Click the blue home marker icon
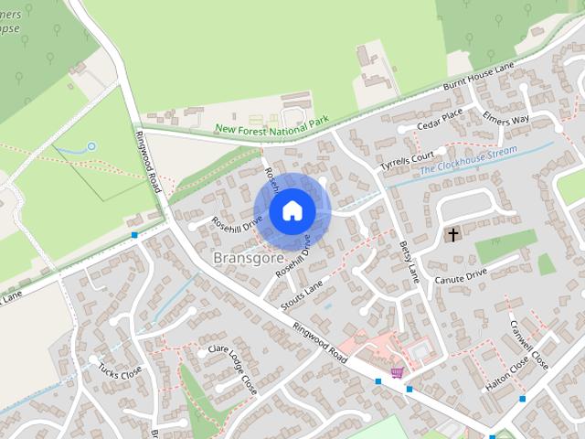pyautogui.click(x=292, y=210)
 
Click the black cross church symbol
pyautogui.click(x=452, y=235)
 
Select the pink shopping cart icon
pyautogui.click(x=397, y=373)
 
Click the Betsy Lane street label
pyautogui.click(x=408, y=262)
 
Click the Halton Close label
pyautogui.click(x=507, y=374)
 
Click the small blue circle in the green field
pyautogui.click(x=91, y=145)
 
